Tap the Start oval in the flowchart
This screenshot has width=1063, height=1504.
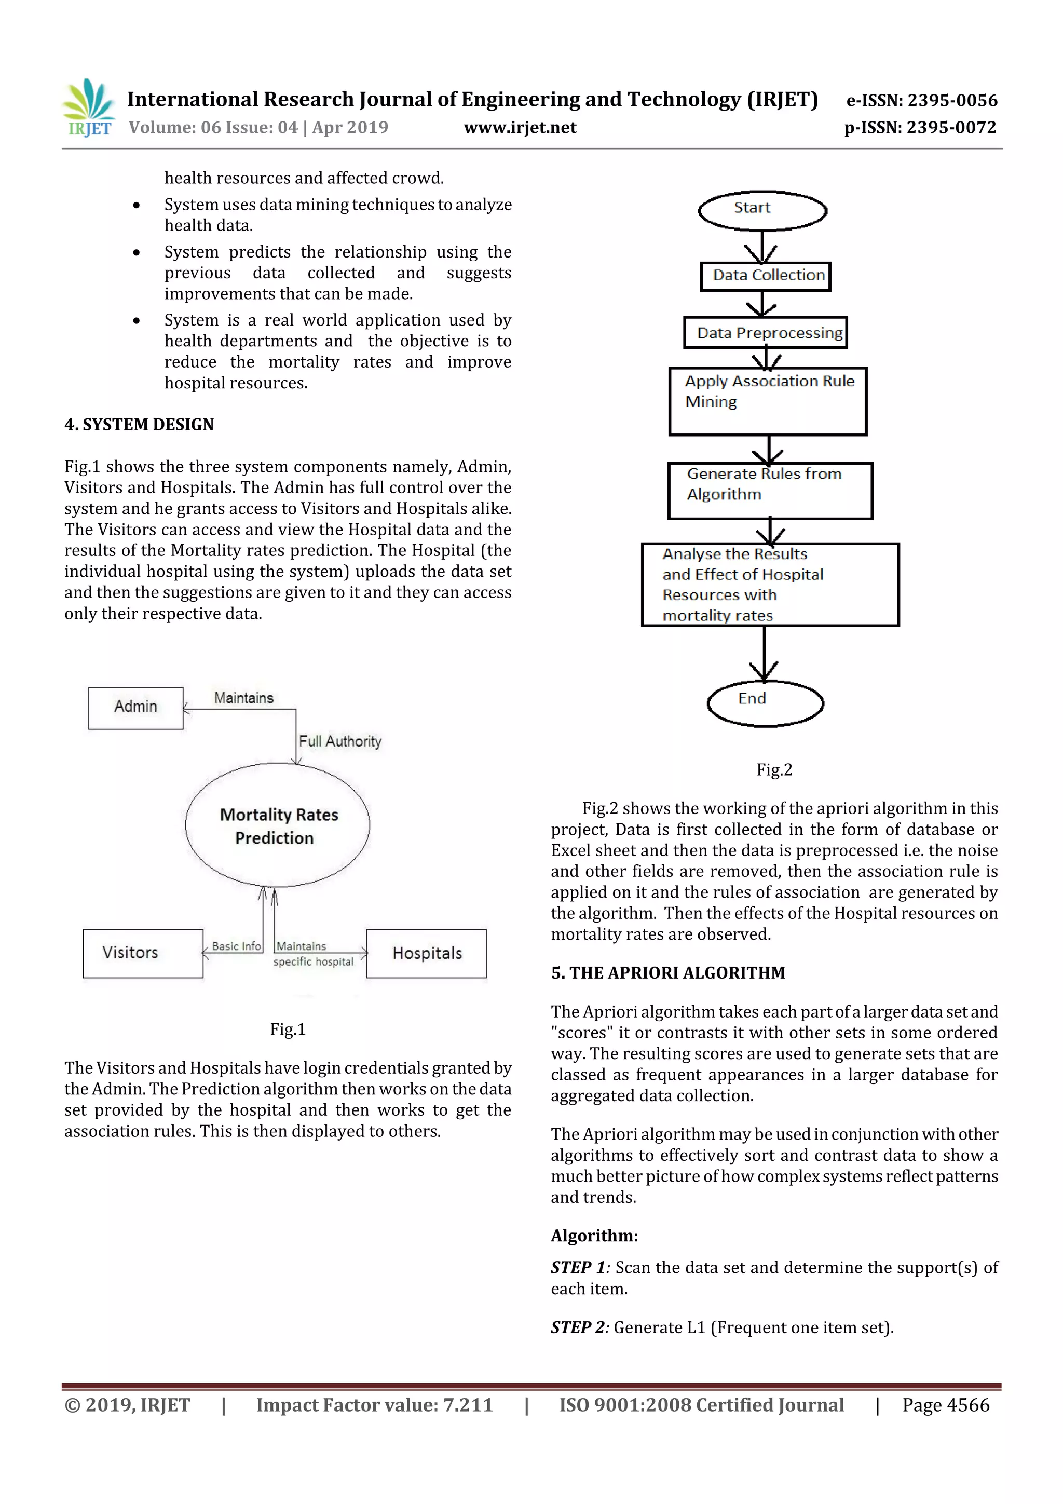(762, 210)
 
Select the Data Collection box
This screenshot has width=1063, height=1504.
(765, 276)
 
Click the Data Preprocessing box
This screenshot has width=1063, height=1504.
(765, 333)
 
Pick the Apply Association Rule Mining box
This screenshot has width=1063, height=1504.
(767, 401)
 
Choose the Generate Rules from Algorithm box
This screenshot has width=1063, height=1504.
(770, 491)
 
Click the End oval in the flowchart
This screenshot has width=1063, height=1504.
(765, 703)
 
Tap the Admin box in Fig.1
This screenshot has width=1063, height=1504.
(135, 708)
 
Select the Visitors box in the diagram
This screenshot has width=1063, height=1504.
(143, 953)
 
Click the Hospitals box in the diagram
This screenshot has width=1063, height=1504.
(426, 953)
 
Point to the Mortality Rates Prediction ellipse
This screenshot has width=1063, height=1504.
(277, 825)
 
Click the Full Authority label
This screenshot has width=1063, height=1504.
(340, 741)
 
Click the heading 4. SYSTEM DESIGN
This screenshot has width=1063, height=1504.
(139, 425)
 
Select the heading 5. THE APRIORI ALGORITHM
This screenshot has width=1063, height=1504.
(667, 973)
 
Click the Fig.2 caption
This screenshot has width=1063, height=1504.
(774, 770)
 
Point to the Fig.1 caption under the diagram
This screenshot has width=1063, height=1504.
(288, 1029)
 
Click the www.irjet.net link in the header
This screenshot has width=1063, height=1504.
(520, 128)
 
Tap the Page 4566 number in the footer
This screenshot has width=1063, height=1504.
(945, 1405)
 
